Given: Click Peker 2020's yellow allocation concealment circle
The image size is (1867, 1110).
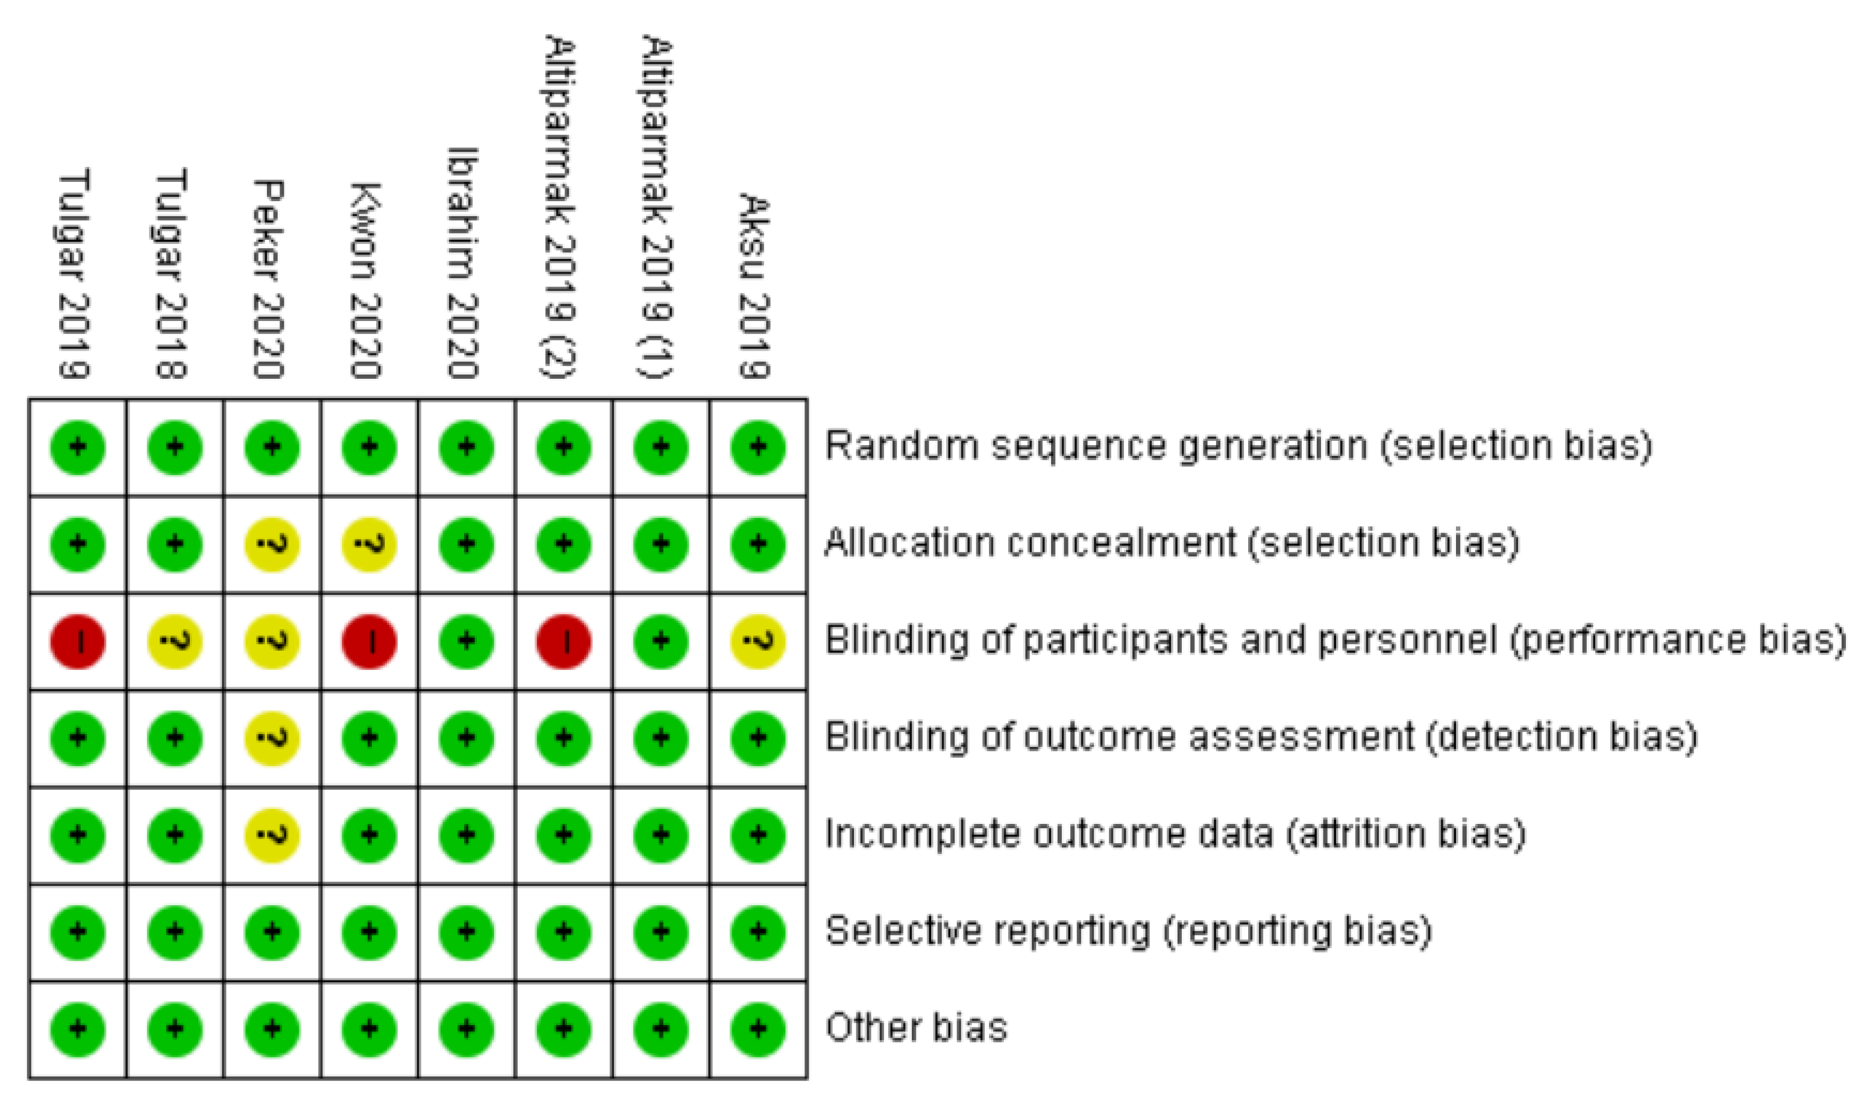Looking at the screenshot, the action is coord(272,544).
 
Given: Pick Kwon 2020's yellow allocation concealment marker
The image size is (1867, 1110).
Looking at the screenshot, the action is coord(369,544).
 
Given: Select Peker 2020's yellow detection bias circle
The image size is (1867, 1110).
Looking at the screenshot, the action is coord(272,739).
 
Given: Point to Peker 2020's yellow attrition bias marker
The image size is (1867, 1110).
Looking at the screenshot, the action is coord(272,835).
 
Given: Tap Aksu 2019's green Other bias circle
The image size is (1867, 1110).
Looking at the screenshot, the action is coord(758,1030).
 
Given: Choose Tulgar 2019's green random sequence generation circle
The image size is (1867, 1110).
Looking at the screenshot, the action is coord(78,448).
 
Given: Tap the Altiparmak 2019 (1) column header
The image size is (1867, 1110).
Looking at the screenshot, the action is coord(657,207).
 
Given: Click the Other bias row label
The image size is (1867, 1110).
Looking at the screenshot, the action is coord(916,1027).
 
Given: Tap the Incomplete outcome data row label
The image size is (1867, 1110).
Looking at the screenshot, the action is coord(1175,835).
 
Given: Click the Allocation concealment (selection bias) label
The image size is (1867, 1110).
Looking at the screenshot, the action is coord(1172,543).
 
